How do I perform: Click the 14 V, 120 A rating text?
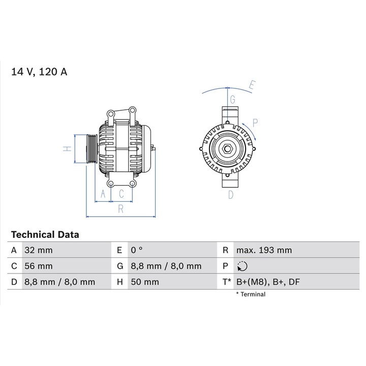coord(39,72)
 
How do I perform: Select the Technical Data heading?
coord(45,235)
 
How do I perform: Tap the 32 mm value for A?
coord(38,250)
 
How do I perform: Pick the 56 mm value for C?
coord(38,266)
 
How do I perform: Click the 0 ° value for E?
coord(137,250)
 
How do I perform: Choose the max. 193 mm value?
coord(264,250)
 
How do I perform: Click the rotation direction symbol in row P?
coord(242,266)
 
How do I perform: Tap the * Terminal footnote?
coord(251,294)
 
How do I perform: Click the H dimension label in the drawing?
coord(66,149)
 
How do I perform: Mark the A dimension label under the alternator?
coord(103,194)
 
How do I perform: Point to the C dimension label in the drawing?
coord(121,194)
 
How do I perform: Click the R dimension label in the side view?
coord(120,208)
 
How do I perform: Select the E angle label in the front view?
coord(252,86)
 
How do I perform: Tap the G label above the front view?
coord(232,99)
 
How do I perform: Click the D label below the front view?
coord(230,195)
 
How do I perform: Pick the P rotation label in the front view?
coord(255,123)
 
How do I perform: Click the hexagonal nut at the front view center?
coord(227,149)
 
